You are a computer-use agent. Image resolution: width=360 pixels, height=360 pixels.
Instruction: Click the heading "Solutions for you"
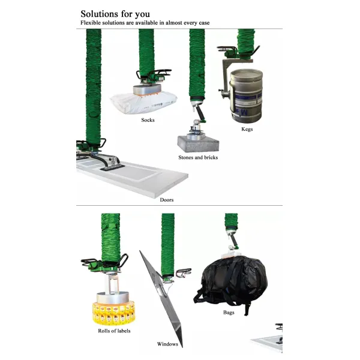tap(115, 14)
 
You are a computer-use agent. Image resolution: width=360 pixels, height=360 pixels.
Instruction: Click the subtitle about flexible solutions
tap(145, 23)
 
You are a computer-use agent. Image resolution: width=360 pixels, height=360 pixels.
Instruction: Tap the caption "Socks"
tap(148, 120)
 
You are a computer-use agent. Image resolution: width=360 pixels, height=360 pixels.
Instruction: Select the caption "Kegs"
tap(247, 129)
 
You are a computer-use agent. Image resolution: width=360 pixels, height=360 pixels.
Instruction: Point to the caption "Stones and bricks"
tap(198, 157)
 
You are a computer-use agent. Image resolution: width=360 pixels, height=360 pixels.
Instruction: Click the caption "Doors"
tap(167, 200)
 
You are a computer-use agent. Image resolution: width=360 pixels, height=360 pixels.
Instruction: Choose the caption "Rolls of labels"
tap(114, 331)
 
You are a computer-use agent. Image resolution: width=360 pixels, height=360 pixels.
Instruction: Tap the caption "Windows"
tap(167, 344)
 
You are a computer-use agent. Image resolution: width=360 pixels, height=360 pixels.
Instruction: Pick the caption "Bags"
tap(229, 312)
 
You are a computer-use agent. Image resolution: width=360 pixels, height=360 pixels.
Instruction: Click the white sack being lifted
tap(143, 102)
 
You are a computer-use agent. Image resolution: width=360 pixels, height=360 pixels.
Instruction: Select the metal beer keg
tap(246, 97)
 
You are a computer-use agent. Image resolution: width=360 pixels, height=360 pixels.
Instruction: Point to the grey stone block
tap(198, 143)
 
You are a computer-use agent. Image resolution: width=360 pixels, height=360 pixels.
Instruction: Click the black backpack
tap(231, 283)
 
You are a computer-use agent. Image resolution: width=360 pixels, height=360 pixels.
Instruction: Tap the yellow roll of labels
tap(114, 313)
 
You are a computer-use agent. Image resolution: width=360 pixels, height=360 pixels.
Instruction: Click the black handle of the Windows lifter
tap(184, 272)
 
